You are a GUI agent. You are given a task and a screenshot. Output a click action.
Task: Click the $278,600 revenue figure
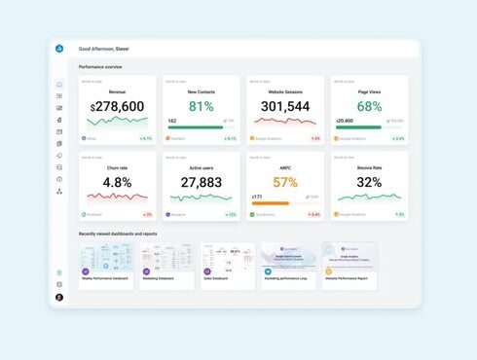117,106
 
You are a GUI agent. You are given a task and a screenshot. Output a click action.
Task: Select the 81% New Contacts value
201,106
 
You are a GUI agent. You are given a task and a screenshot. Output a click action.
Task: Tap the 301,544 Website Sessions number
285,106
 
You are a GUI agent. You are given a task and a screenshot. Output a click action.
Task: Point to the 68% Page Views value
369,106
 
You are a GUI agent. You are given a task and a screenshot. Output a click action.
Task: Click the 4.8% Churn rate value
117,182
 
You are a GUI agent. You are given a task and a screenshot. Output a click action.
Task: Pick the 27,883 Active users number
201,182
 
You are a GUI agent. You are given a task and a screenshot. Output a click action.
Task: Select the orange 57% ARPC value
285,182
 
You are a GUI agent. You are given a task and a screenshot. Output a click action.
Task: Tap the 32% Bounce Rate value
369,182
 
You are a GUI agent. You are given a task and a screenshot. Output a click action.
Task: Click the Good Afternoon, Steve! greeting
103,48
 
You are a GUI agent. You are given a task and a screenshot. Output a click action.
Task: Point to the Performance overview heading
100,66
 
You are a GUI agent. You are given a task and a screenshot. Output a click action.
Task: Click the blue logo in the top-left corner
59,48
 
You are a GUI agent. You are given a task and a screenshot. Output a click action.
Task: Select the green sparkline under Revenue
117,124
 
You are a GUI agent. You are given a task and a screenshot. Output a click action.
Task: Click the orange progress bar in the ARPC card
271,203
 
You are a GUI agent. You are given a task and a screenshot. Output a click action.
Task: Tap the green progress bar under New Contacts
196,127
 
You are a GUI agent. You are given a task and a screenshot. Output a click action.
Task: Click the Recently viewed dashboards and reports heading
118,234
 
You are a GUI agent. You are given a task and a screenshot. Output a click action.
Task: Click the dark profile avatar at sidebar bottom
59,297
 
